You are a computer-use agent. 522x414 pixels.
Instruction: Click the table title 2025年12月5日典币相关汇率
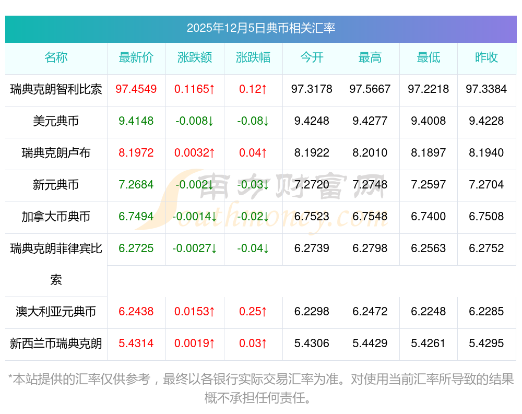260,28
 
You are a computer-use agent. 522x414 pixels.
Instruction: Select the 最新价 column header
136,57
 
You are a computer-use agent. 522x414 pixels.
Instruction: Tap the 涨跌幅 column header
253,57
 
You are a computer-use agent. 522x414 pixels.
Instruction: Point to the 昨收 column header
487,57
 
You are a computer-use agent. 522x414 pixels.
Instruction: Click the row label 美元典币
56,121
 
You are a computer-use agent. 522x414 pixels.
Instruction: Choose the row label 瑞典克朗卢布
56,153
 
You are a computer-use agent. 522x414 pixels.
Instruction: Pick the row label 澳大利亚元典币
56,312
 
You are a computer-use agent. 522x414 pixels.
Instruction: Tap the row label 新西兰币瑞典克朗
56,344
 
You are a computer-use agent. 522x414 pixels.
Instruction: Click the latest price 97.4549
136,89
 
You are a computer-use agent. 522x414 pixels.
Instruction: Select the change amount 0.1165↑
195,89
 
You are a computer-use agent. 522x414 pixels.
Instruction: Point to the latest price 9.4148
136,121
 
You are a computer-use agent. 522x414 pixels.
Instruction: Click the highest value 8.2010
370,153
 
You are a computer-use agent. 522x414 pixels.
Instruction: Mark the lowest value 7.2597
429,185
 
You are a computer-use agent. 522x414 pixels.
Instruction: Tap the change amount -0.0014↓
195,217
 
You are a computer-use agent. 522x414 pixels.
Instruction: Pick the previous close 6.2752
487,249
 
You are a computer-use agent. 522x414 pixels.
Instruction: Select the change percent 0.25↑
253,312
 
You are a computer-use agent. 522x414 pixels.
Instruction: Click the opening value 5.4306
312,344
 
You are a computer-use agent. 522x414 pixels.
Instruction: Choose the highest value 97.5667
370,89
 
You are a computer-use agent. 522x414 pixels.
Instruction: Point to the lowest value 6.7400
429,217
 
